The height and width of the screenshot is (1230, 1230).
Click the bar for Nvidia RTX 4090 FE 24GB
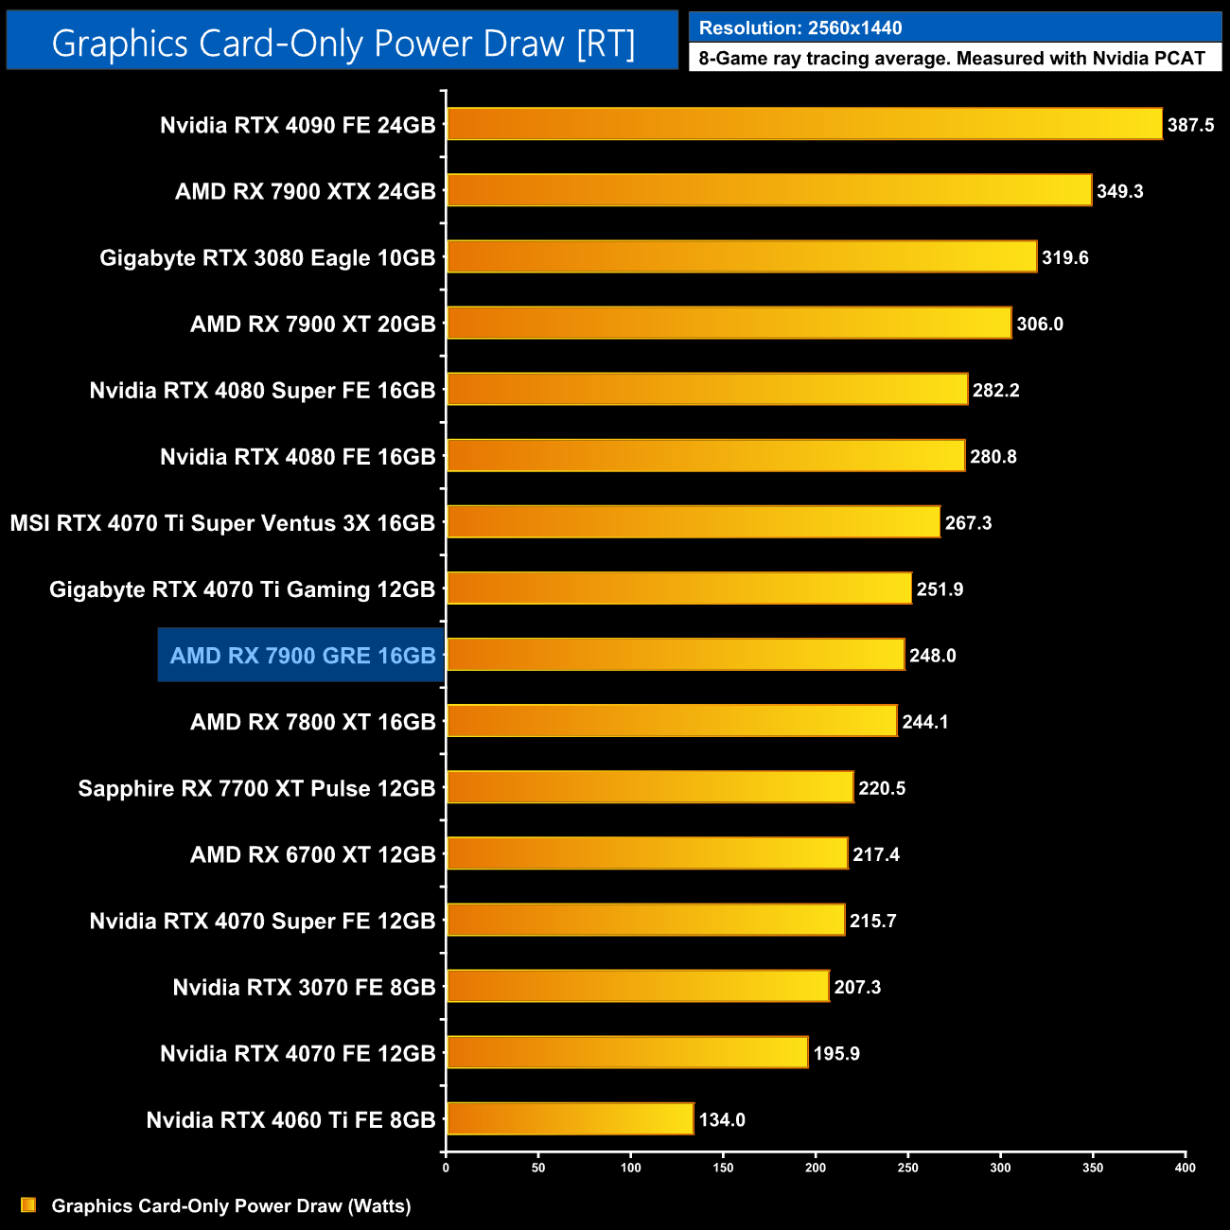click(x=804, y=124)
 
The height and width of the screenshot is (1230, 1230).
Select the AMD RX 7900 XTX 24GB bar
click(x=768, y=190)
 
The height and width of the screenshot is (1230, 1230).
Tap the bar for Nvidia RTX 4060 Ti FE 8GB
click(x=570, y=1119)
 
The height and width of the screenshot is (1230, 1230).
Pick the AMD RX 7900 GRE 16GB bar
click(x=676, y=655)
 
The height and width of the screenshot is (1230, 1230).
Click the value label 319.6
click(x=1064, y=257)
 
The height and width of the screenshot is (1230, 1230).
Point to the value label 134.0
click(x=722, y=1120)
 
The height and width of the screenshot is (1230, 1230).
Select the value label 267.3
click(x=968, y=523)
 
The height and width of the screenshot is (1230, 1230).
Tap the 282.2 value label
click(x=995, y=391)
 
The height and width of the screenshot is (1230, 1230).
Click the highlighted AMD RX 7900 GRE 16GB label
click(x=303, y=656)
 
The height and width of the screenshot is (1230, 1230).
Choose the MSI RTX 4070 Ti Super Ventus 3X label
click(x=222, y=523)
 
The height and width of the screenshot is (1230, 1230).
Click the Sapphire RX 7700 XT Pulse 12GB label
click(x=256, y=788)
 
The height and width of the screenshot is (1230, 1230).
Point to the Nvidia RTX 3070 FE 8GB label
click(x=304, y=988)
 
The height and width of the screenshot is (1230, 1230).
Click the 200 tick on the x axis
click(x=816, y=1168)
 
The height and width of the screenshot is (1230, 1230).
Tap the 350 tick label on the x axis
click(x=1093, y=1168)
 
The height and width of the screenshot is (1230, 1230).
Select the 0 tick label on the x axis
click(x=446, y=1168)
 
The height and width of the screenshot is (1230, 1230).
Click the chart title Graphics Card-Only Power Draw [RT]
click(x=343, y=44)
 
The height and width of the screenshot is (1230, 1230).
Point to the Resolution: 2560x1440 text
click(x=800, y=27)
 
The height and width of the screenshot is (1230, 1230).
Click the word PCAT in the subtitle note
click(x=1179, y=59)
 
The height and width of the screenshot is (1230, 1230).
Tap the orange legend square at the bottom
click(x=28, y=1204)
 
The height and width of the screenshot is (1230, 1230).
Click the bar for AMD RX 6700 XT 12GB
click(x=647, y=853)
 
